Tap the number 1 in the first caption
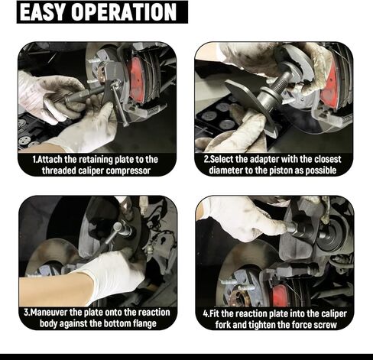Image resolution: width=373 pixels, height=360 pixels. point(35,159)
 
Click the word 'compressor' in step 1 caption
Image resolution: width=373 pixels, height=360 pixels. point(125,170)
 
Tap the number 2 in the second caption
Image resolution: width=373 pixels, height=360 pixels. point(206,159)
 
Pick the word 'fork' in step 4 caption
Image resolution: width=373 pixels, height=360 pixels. point(221,323)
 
